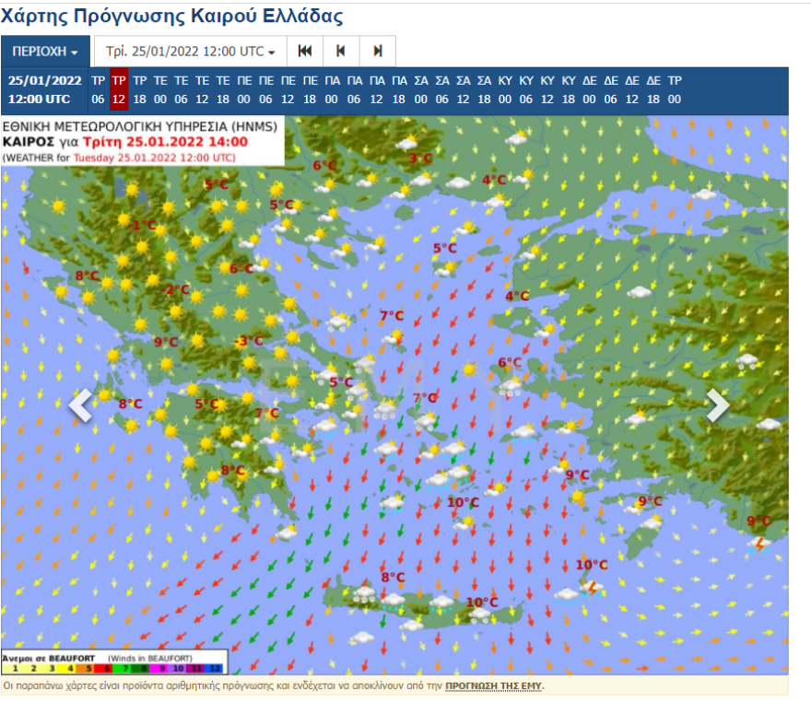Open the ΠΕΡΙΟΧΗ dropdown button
[x=45, y=52]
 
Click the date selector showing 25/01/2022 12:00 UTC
[x=190, y=52]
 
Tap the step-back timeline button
[x=341, y=52]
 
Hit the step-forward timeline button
[x=378, y=52]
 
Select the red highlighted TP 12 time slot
[x=119, y=89]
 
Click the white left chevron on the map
[x=80, y=405]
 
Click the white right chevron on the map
[x=717, y=405]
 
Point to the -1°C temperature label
[x=143, y=225]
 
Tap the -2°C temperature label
[x=175, y=289]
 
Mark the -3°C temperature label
[x=248, y=341]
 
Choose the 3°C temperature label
[x=420, y=158]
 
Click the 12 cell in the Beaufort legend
[x=215, y=667]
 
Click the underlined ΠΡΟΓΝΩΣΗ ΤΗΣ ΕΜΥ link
[x=494, y=686]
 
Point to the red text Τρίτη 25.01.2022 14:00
[x=165, y=142]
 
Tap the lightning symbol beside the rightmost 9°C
[x=760, y=544]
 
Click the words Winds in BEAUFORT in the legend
[x=149, y=658]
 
